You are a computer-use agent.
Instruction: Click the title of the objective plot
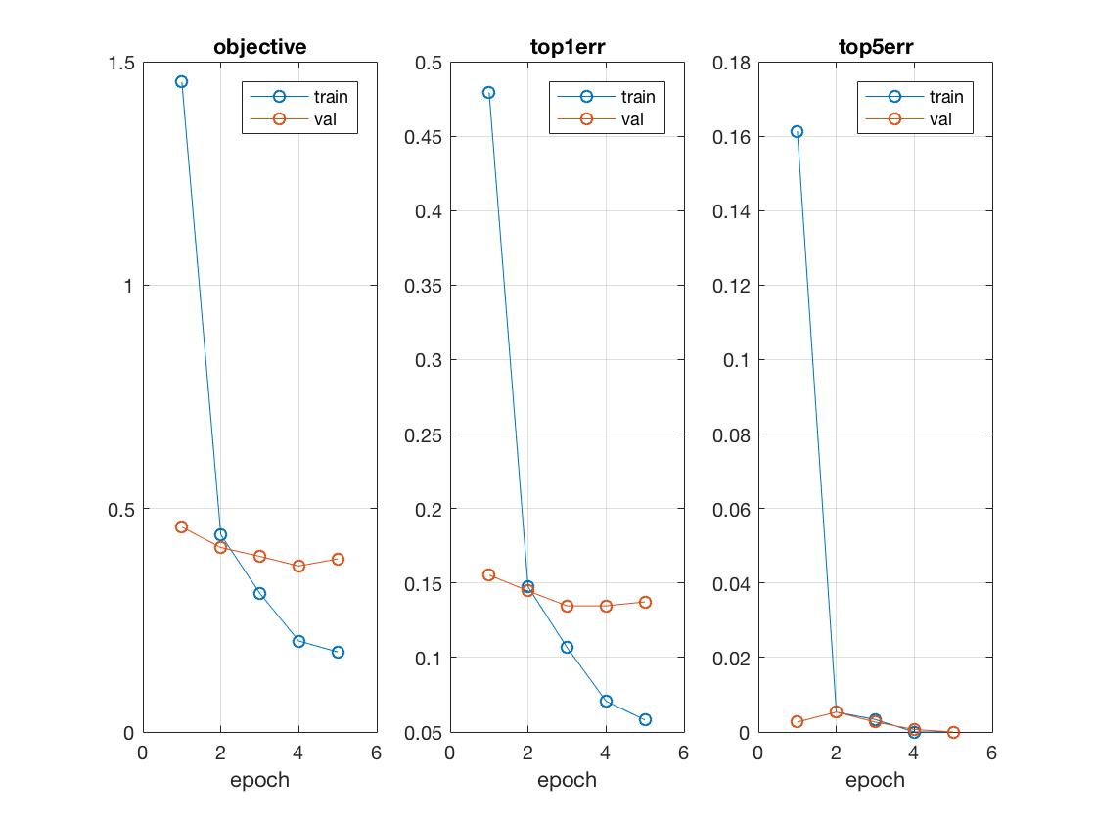(x=259, y=46)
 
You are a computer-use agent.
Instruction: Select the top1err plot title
(x=567, y=46)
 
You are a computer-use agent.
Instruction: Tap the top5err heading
(x=875, y=46)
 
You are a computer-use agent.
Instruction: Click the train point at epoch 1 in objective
(x=181, y=82)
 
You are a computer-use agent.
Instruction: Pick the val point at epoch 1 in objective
(x=181, y=526)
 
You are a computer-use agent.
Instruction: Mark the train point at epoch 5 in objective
(x=338, y=652)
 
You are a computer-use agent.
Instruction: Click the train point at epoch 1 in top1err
(x=489, y=93)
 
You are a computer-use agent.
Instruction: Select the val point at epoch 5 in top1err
(x=645, y=602)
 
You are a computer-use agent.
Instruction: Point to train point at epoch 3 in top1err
(x=567, y=647)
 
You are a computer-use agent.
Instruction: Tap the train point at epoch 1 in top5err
(x=797, y=131)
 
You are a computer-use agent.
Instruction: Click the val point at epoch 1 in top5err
(x=797, y=721)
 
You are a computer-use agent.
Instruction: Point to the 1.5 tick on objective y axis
(x=122, y=63)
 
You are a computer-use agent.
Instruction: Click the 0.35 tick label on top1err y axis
(x=423, y=286)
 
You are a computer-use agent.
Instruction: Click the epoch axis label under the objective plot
(x=259, y=780)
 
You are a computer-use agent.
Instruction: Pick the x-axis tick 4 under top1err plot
(x=606, y=753)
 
